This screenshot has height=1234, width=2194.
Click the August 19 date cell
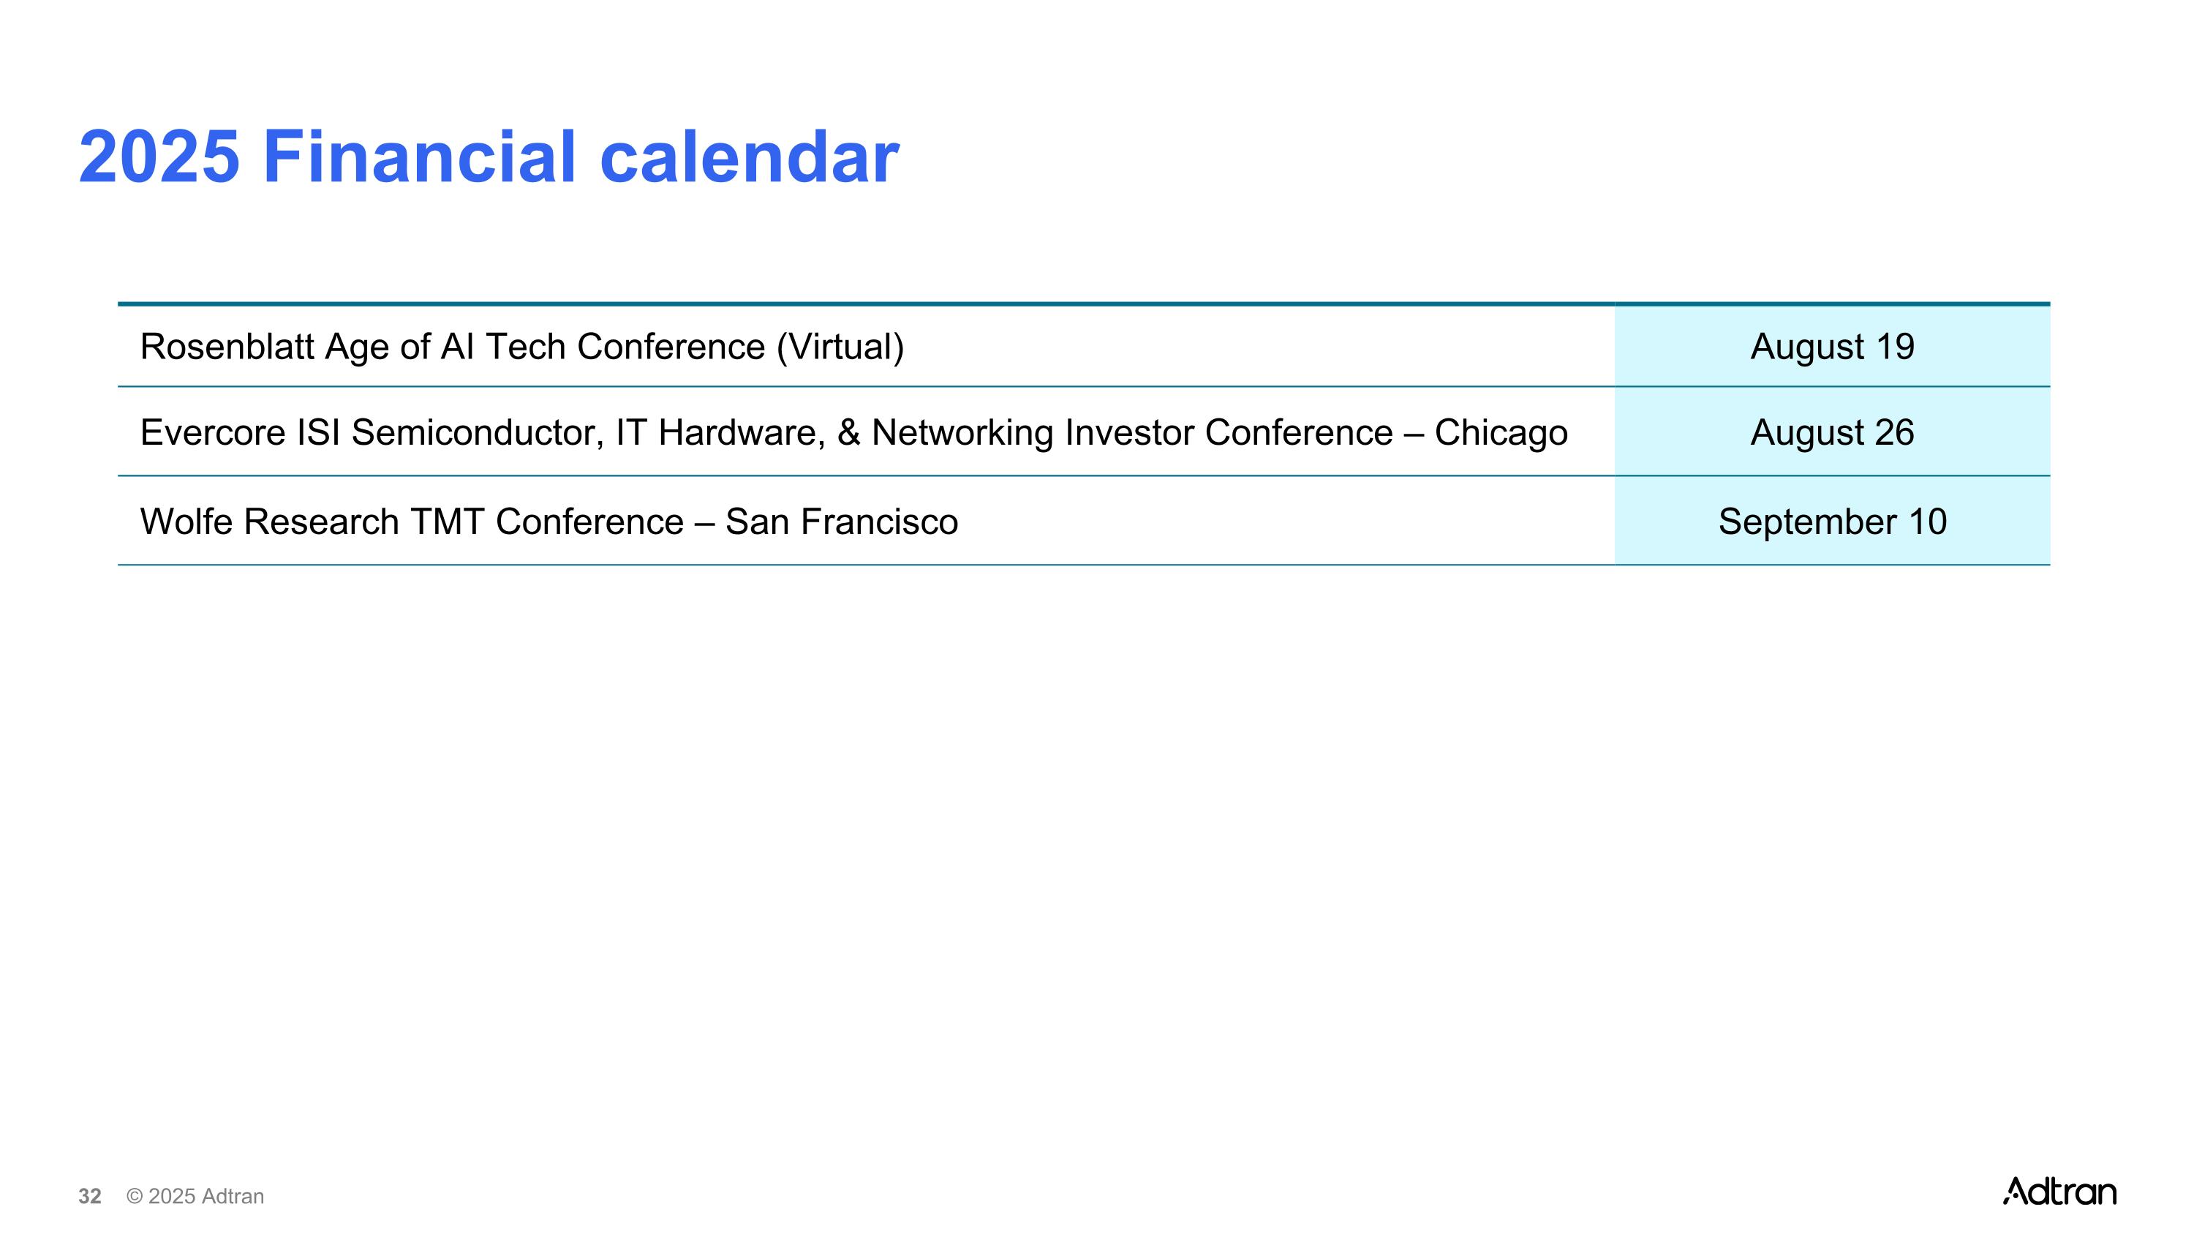coord(1832,346)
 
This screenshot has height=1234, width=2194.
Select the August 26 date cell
coord(1832,432)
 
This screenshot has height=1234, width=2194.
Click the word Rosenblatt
coord(227,347)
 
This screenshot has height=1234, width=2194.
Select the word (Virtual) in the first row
coord(840,347)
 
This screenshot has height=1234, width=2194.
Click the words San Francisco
coord(842,522)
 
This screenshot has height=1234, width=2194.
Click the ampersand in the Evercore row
coord(849,432)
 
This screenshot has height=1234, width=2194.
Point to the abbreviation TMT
coord(447,522)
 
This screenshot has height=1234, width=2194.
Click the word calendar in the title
coord(750,157)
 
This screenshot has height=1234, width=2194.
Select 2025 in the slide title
coord(159,157)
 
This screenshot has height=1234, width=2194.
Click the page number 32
coord(89,1197)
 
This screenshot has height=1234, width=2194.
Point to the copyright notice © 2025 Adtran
coord(195,1197)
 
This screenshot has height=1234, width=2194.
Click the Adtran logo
coord(2059,1191)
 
